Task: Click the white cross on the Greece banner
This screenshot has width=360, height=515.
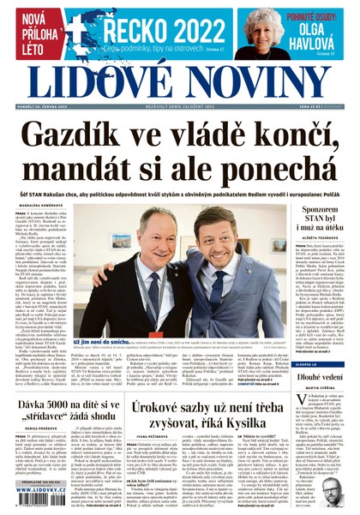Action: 86,26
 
